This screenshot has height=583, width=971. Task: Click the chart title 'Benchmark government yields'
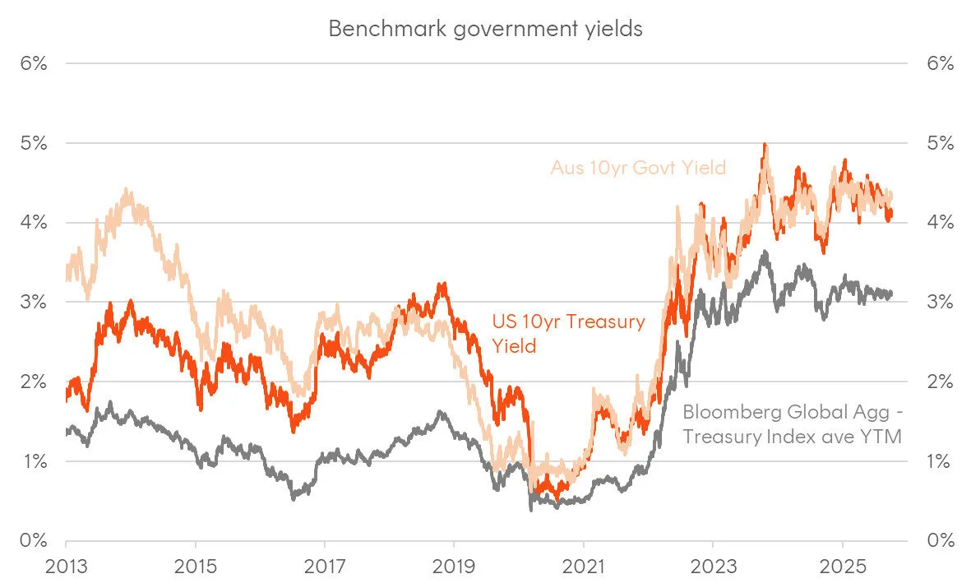[x=485, y=28]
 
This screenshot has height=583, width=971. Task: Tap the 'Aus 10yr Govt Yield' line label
[x=638, y=168]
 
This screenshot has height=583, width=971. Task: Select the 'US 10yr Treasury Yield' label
[x=568, y=333]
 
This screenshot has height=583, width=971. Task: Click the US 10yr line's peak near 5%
[x=765, y=145]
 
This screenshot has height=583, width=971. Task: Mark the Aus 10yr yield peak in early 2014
[x=126, y=190]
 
